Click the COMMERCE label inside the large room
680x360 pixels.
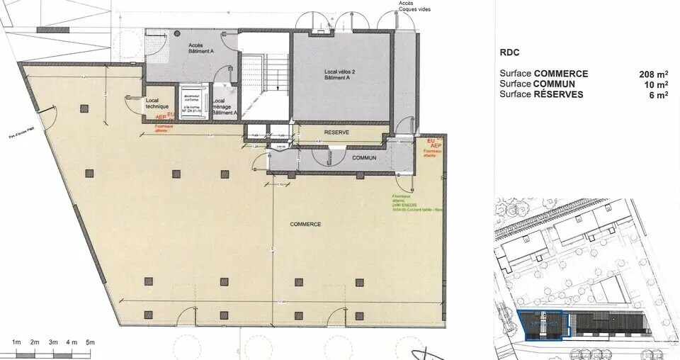(305, 224)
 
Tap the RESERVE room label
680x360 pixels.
(338, 133)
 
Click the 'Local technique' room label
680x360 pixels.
(157, 103)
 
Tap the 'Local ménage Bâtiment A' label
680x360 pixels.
(223, 107)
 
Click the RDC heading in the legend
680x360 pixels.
(510, 51)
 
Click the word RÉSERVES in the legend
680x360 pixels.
(559, 94)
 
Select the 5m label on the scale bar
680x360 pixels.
(90, 343)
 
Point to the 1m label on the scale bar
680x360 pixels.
(16, 343)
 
